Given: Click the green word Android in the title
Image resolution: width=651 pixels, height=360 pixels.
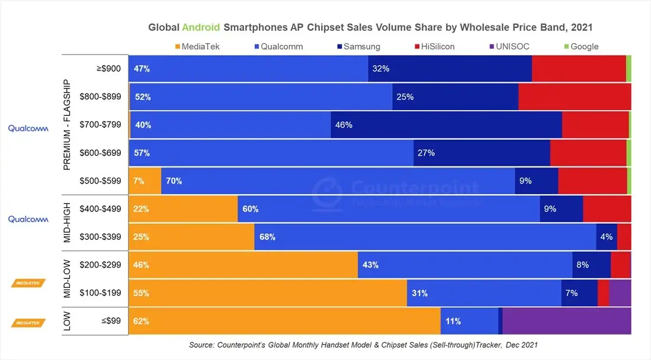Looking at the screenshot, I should coord(201,27).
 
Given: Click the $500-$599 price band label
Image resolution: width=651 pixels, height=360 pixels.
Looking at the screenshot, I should coord(101,181).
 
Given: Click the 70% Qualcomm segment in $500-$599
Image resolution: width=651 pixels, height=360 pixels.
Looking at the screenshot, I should coord(338,181).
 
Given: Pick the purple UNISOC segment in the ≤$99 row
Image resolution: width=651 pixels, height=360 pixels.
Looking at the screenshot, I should coord(566,322).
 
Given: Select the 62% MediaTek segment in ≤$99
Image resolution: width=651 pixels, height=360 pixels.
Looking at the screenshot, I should coord(284,322).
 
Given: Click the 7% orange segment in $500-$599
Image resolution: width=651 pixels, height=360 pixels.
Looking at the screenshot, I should coord(145,181).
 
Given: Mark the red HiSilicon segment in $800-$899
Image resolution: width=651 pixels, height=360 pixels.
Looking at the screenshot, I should coord(574,97).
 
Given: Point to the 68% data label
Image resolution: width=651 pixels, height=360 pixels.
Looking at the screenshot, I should coord(268,237).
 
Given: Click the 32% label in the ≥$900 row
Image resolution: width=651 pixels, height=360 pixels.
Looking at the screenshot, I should coord(380,69).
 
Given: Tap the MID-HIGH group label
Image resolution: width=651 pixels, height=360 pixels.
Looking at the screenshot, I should coord(68,223).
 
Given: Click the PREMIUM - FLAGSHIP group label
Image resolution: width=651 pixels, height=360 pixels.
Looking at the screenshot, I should coord(68,124).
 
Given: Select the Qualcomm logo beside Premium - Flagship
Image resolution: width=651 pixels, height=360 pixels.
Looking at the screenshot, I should coord(28,128).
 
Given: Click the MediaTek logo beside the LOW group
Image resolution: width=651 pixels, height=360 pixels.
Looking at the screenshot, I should coord(28,323).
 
